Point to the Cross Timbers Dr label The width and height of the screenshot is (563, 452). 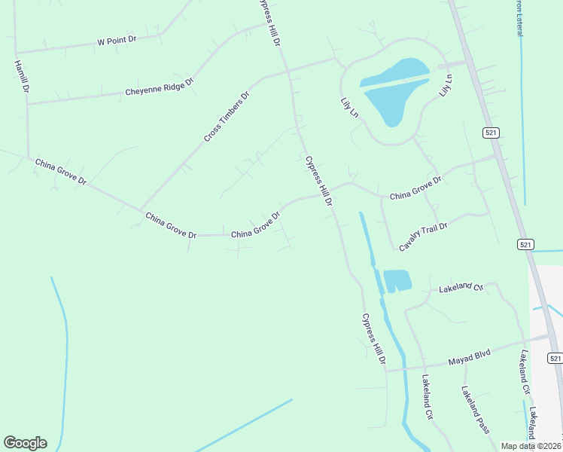(x=227, y=118)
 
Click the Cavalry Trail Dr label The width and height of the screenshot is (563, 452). (x=423, y=237)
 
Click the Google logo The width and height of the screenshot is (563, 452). (x=25, y=443)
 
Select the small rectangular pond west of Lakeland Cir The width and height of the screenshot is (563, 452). (x=397, y=280)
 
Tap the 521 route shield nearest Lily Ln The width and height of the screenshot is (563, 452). (x=491, y=133)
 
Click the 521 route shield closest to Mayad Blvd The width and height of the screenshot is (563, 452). (x=554, y=359)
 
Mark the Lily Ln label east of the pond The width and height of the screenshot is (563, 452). (x=446, y=84)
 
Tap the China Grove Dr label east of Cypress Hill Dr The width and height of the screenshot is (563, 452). (x=415, y=188)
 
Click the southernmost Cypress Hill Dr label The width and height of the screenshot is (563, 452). (x=373, y=341)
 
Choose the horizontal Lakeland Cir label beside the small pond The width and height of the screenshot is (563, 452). (x=461, y=287)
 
